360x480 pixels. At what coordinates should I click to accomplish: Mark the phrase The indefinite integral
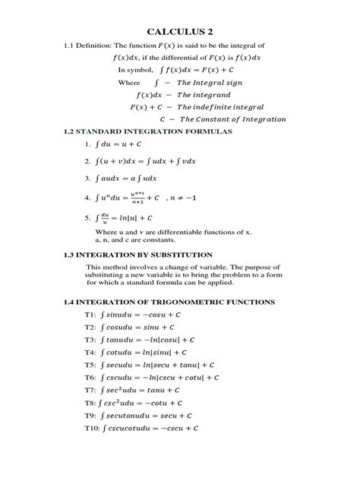point(229,106)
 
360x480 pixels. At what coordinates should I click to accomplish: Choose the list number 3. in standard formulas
point(88,178)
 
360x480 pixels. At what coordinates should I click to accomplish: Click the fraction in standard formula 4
point(139,198)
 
